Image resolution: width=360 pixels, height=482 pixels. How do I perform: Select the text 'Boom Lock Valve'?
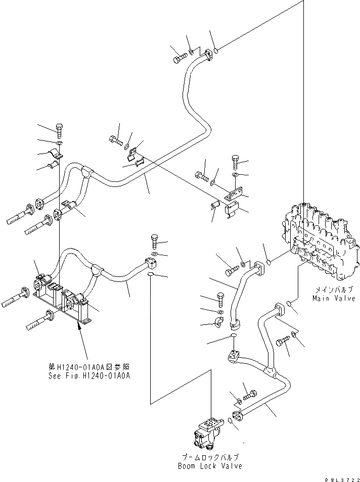[210, 465]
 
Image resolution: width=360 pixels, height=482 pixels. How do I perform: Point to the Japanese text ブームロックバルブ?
[210, 457]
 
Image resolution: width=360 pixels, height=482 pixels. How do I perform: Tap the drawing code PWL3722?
[342, 477]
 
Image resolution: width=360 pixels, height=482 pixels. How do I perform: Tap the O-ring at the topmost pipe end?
[215, 50]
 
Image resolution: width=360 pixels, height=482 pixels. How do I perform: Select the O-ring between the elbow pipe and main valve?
[269, 262]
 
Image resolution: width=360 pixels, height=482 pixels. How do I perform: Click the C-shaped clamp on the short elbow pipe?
[220, 322]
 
